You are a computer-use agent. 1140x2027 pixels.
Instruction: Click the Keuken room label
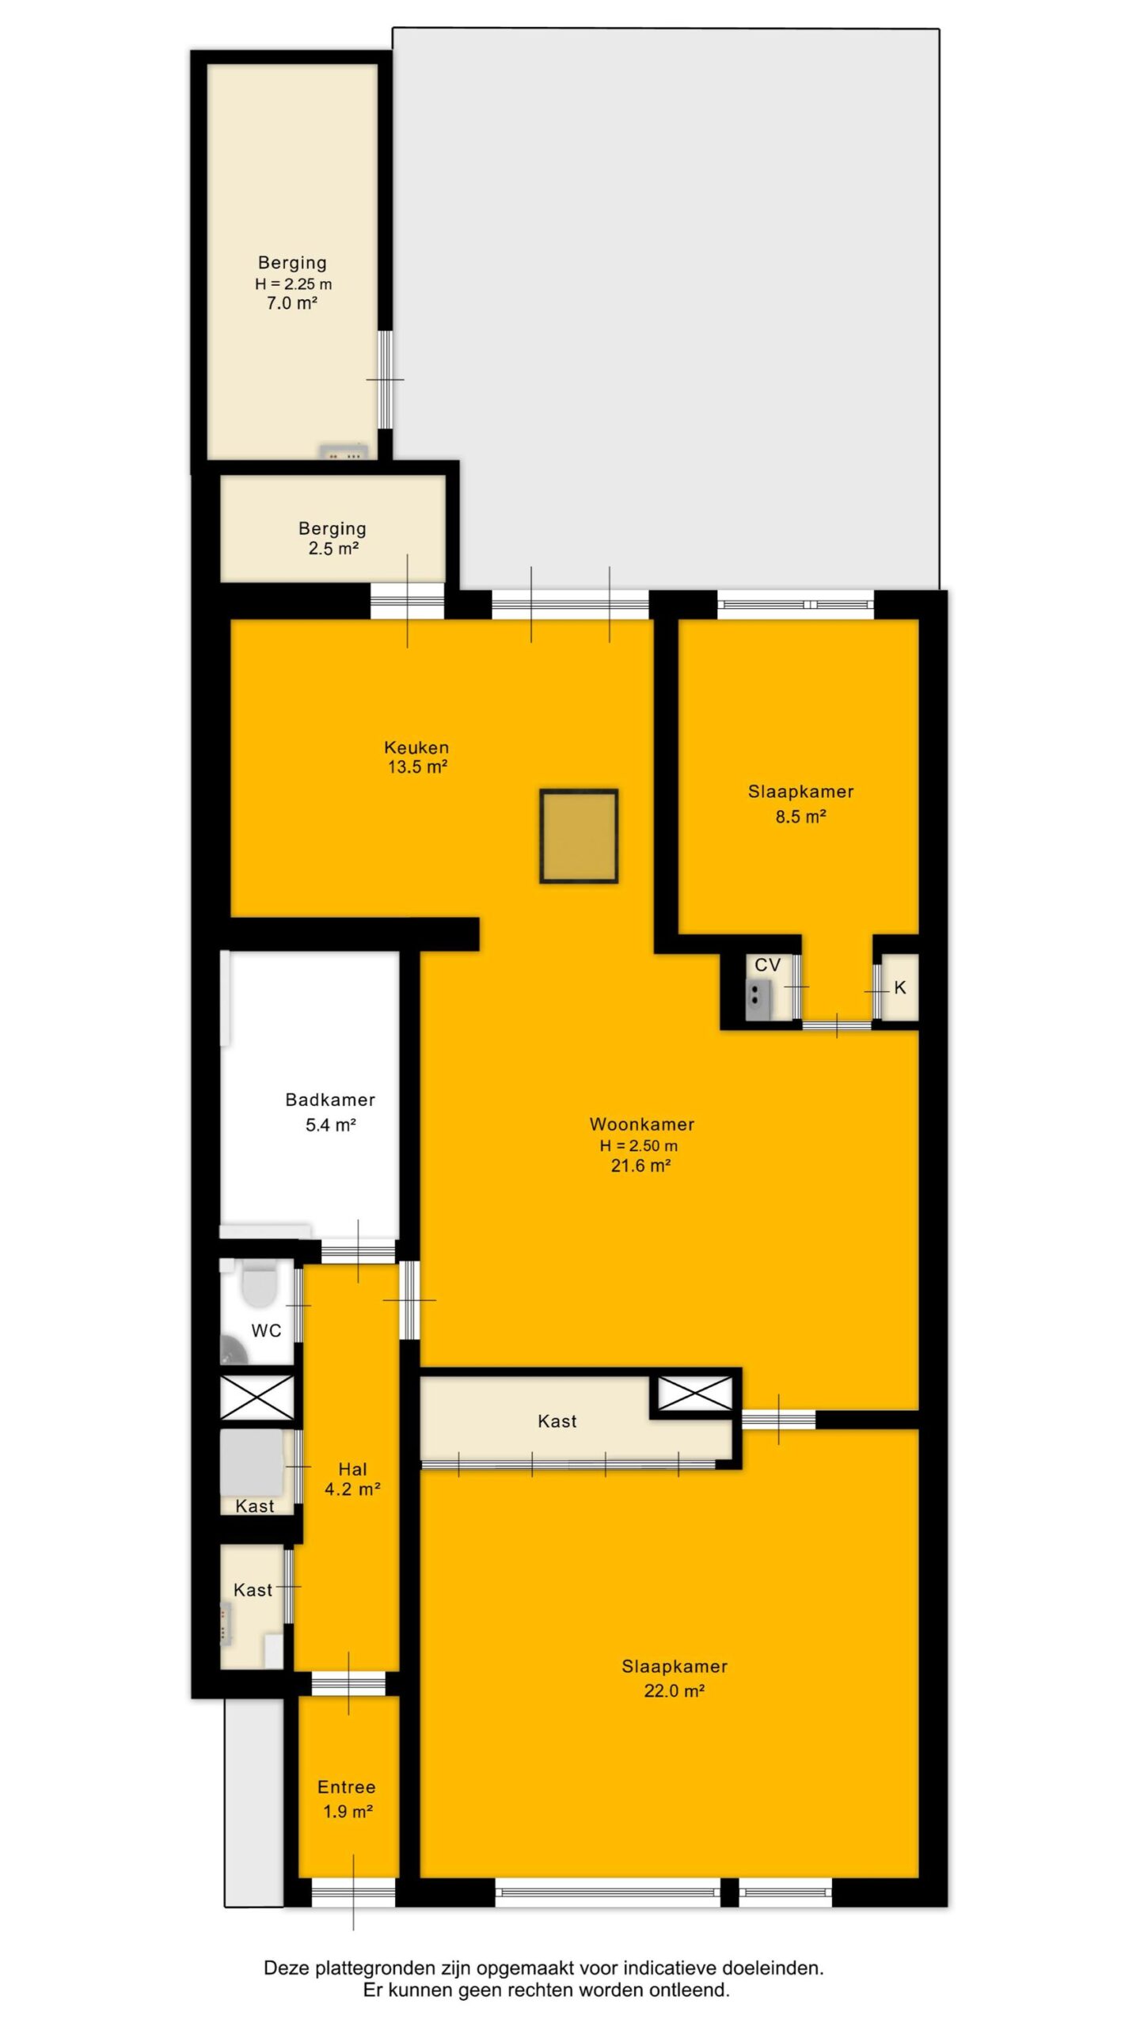(416, 747)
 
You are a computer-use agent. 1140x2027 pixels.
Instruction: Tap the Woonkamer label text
(642, 1124)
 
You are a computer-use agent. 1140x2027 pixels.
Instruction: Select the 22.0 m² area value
(674, 1691)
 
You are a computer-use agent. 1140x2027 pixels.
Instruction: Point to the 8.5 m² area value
(800, 816)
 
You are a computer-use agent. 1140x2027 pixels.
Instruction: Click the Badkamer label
(330, 1099)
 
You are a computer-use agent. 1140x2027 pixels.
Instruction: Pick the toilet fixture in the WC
(258, 1285)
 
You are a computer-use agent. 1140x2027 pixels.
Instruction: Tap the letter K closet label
(899, 987)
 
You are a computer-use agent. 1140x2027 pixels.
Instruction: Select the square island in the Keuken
(579, 835)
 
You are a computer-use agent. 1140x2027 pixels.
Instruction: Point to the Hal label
(352, 1470)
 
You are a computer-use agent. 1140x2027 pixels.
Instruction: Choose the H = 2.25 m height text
(293, 283)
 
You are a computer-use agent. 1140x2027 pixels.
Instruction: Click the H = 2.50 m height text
(639, 1145)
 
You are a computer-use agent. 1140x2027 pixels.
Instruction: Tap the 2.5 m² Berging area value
(333, 548)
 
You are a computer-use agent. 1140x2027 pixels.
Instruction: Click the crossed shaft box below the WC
(256, 1397)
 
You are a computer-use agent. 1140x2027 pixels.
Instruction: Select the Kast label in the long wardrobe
(557, 1421)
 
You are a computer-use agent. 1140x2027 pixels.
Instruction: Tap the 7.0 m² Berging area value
(292, 302)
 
